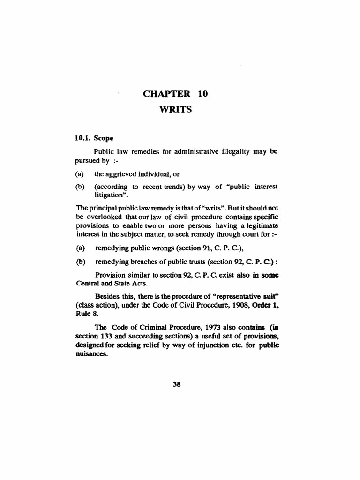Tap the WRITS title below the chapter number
(175, 110)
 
